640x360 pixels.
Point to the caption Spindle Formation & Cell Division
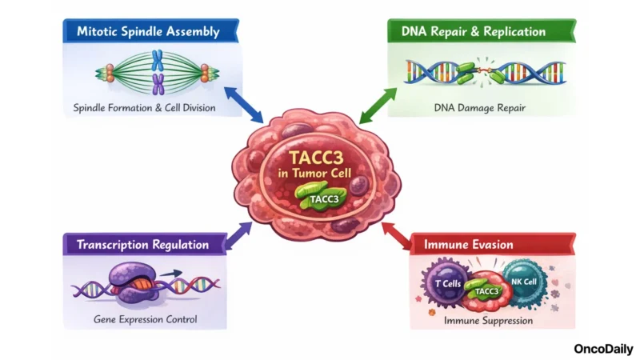[150, 107]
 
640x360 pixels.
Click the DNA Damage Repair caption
[479, 106]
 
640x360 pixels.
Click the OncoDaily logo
[603, 349]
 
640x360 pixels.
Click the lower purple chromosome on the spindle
[158, 82]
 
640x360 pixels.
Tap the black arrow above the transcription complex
[168, 274]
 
